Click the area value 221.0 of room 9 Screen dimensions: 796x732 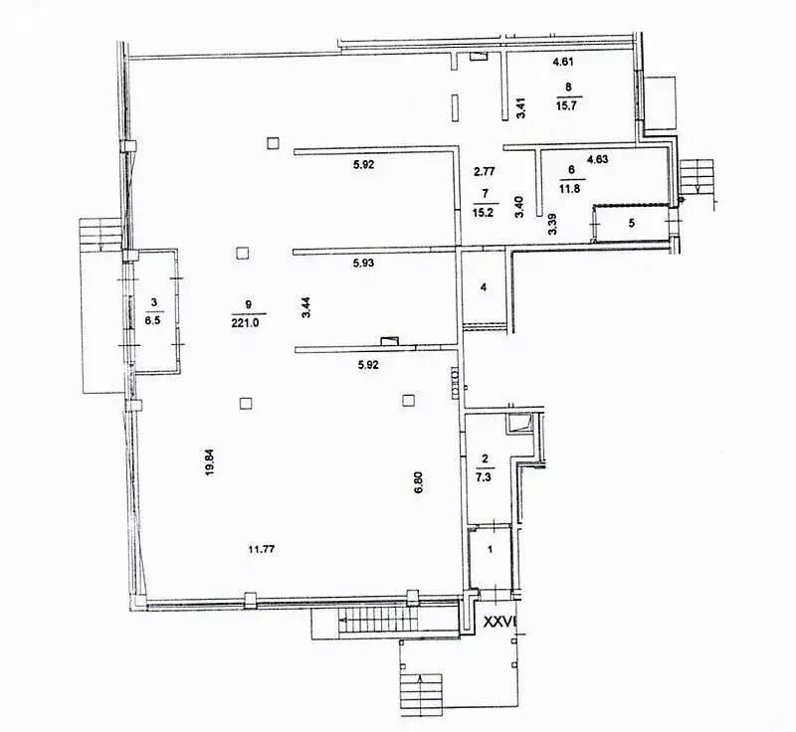click(246, 323)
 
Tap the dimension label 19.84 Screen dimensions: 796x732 click(210, 462)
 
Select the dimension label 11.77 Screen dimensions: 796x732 click(262, 549)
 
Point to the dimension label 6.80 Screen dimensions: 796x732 click(418, 482)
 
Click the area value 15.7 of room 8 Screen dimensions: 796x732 click(566, 105)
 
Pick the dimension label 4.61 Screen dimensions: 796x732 click(563, 63)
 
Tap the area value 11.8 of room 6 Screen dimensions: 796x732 click(570, 189)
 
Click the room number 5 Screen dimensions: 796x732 click(632, 223)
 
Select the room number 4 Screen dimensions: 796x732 click(484, 287)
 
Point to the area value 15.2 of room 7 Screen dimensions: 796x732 click(483, 213)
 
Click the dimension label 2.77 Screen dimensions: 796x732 click(485, 172)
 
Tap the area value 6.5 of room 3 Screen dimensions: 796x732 click(152, 320)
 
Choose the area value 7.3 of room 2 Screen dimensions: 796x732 click(484, 476)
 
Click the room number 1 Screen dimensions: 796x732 click(490, 549)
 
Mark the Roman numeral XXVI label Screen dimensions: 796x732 click(499, 622)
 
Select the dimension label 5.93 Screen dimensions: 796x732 click(364, 263)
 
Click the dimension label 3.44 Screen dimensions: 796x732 click(306, 307)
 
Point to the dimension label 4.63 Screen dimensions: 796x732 click(598, 159)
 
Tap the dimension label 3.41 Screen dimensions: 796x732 click(520, 107)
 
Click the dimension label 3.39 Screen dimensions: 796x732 click(553, 224)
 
